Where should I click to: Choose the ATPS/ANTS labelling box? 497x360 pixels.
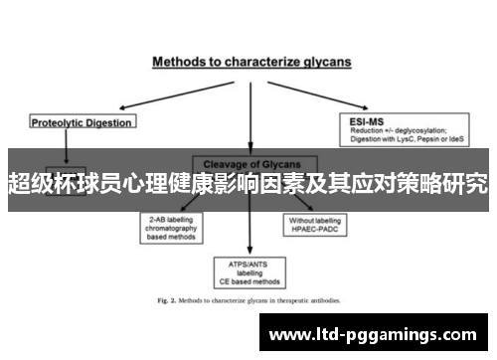coord(249,270)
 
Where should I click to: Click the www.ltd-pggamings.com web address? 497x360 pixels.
coord(374,335)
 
